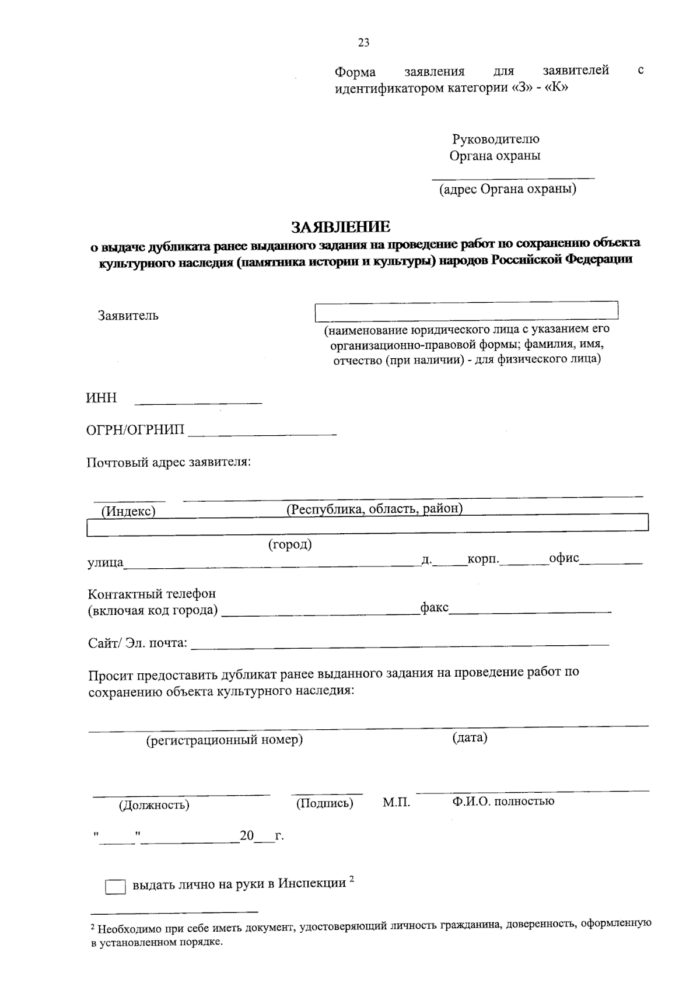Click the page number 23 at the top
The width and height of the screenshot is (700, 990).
pos(363,43)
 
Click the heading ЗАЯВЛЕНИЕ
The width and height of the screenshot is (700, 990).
pos(341,226)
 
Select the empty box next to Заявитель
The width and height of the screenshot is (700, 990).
pos(466,311)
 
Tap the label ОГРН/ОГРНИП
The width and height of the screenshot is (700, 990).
pos(135,431)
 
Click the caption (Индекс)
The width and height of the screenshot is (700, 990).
pos(128,512)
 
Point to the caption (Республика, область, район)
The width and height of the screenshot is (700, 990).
pos(374,509)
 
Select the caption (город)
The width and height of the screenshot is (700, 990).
pos(290,544)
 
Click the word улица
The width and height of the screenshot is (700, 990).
pos(105,563)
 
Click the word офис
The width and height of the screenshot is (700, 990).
pos(563,558)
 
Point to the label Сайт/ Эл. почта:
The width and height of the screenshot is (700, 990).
pos(138,643)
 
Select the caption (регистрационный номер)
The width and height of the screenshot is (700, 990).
pos(224,740)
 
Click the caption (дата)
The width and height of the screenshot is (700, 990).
pos(470,737)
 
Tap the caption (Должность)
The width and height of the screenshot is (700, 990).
pos(154,805)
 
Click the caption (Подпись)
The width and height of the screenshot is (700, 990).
pos(324,803)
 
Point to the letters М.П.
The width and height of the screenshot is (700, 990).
pos(396,803)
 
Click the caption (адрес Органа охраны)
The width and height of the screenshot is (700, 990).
pos(508,189)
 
